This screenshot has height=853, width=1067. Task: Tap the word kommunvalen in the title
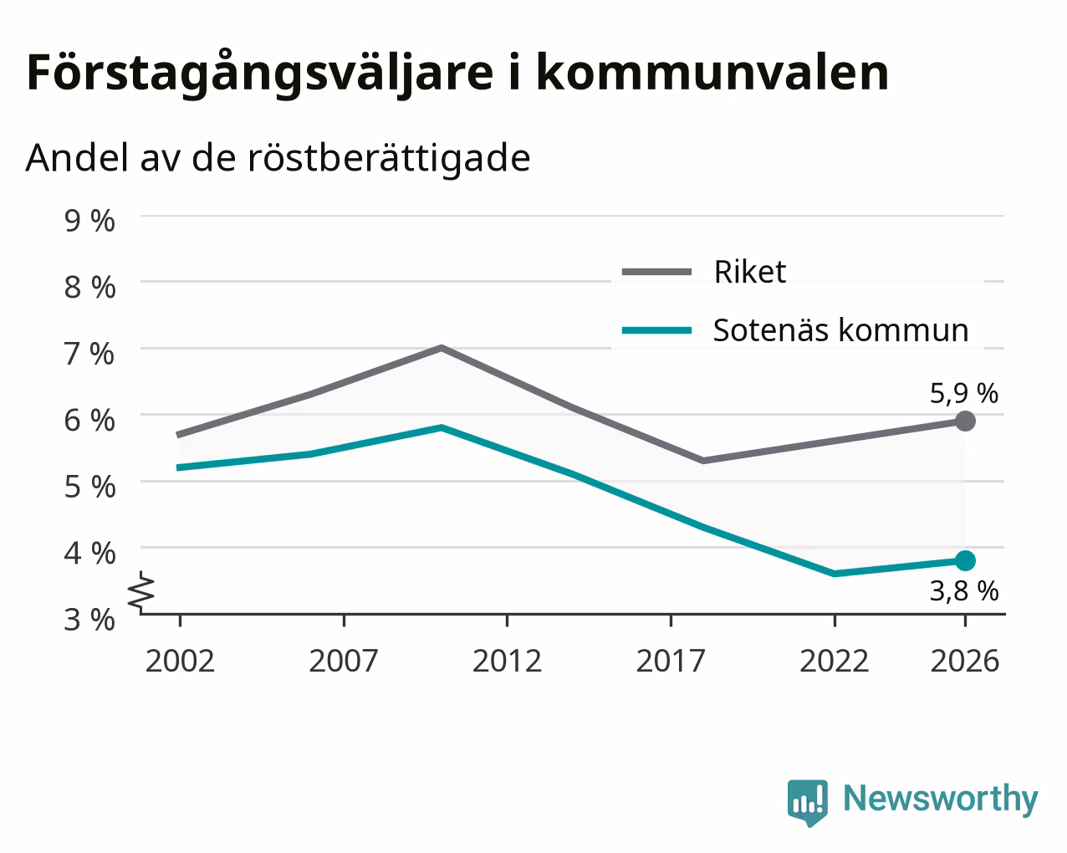tap(712, 73)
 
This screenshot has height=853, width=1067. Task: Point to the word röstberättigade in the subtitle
tap(389, 158)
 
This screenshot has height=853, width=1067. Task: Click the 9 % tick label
tap(89, 221)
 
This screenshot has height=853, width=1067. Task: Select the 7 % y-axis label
tap(89, 354)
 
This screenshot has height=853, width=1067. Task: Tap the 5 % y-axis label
tap(89, 487)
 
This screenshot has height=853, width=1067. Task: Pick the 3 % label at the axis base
tap(89, 620)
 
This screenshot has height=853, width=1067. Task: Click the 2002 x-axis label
tap(180, 661)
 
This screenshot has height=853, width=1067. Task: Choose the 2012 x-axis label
tap(508, 661)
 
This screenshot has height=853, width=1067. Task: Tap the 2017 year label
tap(671, 661)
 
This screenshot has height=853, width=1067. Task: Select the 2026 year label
tap(965, 661)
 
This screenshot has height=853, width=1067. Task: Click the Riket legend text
tap(750, 272)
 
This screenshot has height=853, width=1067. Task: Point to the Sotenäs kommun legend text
tap(841, 330)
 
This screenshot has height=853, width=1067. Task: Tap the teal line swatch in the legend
tap(657, 330)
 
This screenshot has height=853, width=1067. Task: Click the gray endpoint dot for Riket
tap(965, 421)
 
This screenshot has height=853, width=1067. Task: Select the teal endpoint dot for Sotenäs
tap(965, 560)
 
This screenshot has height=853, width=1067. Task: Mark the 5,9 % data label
tap(964, 394)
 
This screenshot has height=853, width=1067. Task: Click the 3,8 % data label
tap(964, 591)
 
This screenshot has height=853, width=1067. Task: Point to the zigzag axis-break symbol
tap(141, 590)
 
